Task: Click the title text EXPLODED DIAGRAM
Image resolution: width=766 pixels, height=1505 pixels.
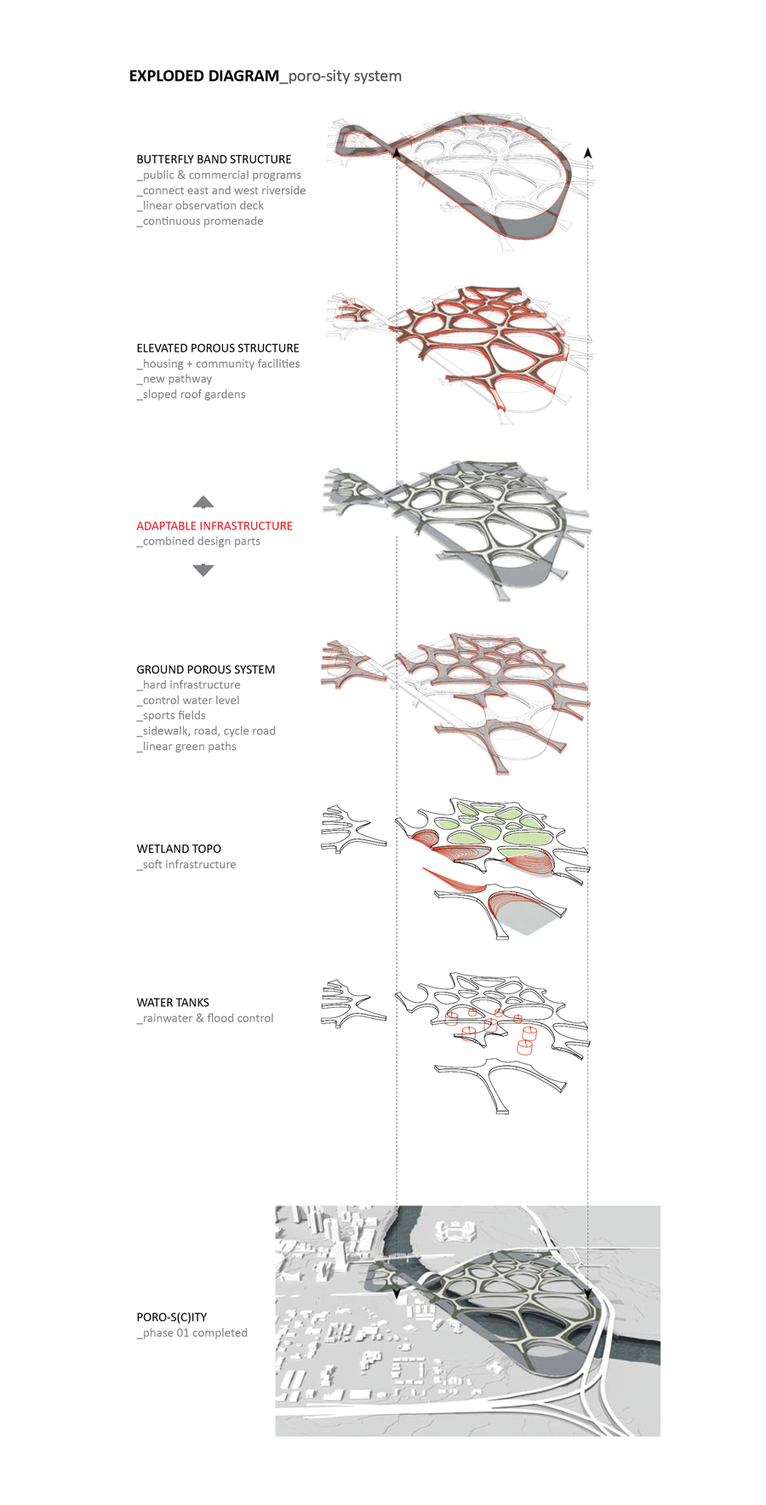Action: click(x=203, y=76)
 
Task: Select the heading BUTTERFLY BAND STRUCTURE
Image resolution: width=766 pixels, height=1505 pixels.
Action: click(x=214, y=159)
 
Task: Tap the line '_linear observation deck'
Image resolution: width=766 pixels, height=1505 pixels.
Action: click(x=200, y=205)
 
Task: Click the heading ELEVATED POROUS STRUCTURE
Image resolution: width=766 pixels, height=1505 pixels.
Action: click(x=218, y=348)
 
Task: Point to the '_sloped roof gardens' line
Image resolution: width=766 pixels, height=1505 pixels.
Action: click(x=191, y=394)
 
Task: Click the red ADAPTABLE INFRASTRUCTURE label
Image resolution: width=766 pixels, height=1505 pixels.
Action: click(x=214, y=526)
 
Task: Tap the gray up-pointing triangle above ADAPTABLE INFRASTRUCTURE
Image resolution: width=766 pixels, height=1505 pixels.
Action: click(x=203, y=502)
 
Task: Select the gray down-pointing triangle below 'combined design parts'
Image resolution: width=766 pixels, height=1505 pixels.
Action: click(x=203, y=570)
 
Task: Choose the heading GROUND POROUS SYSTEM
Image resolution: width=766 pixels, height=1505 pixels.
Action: click(x=206, y=670)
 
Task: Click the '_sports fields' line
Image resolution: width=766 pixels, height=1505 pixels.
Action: click(x=171, y=716)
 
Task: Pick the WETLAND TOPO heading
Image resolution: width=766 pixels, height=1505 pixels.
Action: click(x=179, y=849)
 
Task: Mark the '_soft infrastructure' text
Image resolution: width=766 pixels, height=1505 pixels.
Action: click(x=186, y=864)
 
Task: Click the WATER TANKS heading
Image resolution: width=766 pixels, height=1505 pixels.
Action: click(x=173, y=1003)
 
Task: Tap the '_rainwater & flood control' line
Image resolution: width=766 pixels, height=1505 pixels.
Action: click(x=205, y=1018)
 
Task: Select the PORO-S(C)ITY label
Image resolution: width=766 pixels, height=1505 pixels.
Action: click(x=172, y=1317)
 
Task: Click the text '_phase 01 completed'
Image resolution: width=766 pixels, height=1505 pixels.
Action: click(x=192, y=1333)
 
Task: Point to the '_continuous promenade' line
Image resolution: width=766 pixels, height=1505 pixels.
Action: click(x=200, y=221)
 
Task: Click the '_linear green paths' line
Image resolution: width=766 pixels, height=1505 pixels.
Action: click(x=186, y=747)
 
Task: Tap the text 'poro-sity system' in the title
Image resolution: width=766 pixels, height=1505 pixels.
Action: click(x=345, y=77)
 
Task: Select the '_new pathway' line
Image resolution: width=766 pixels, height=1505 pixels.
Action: click(x=174, y=379)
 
